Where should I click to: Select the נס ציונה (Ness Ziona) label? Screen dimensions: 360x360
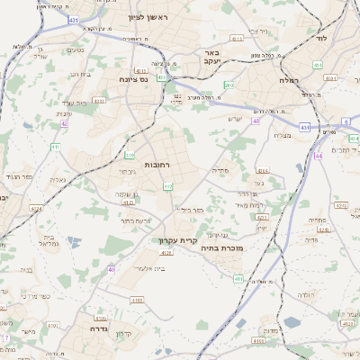pyautogui.click(x=134, y=79)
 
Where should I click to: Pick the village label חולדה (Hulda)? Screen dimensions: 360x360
pyautogui.click(x=306, y=295)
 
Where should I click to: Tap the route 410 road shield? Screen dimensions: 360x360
pyautogui.click(x=130, y=156)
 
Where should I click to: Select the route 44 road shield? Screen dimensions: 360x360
pyautogui.click(x=319, y=156)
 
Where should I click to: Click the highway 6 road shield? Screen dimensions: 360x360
pyautogui.click(x=346, y=120)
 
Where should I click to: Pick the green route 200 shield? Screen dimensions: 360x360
pyautogui.click(x=229, y=85)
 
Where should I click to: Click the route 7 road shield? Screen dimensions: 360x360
pyautogui.click(x=5, y=337)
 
